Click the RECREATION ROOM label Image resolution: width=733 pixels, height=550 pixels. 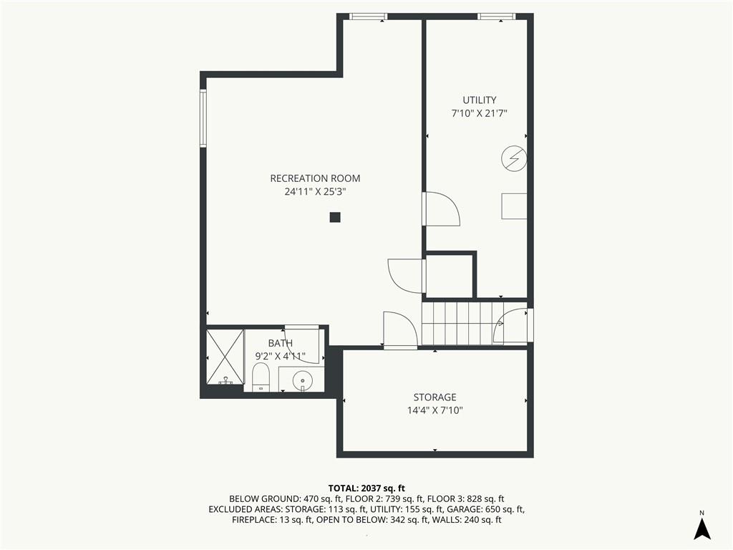pyautogui.click(x=315, y=178)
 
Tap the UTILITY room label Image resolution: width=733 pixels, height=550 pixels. pyautogui.click(x=479, y=100)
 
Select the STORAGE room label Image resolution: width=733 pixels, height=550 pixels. pyautogui.click(x=435, y=397)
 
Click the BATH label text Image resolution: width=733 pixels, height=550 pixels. pyautogui.click(x=281, y=343)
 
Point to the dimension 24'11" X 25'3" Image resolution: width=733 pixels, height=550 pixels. pyautogui.click(x=315, y=191)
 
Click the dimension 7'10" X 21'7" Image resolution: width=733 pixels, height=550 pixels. pyautogui.click(x=479, y=113)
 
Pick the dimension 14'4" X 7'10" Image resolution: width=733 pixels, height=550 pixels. pyautogui.click(x=435, y=410)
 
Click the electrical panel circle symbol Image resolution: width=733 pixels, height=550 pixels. pyautogui.click(x=514, y=160)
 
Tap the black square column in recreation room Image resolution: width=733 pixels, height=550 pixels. pyautogui.click(x=335, y=217)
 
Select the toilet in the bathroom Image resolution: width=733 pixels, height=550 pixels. pyautogui.click(x=261, y=377)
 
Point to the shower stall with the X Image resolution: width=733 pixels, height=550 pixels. pyautogui.click(x=225, y=357)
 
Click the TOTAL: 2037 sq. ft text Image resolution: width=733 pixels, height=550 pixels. pyautogui.click(x=366, y=488)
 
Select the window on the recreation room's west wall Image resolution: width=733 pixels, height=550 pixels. pyautogui.click(x=203, y=118)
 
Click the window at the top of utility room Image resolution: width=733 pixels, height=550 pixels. pyautogui.click(x=497, y=16)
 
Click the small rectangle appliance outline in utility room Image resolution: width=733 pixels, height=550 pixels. pyautogui.click(x=514, y=206)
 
